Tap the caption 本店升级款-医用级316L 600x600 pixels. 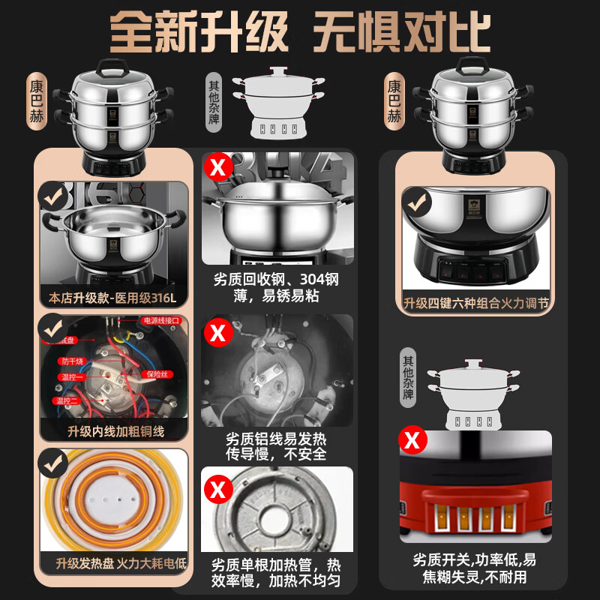coord(112,298)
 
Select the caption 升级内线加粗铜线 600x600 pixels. coord(112,431)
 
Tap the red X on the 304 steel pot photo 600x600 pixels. coord(219,167)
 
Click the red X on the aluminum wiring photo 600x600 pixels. coord(218,331)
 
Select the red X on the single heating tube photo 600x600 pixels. coord(218,490)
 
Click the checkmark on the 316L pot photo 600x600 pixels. coord(52,197)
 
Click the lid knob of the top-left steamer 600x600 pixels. coord(115,62)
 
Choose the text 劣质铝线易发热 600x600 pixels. coord(276,439)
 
